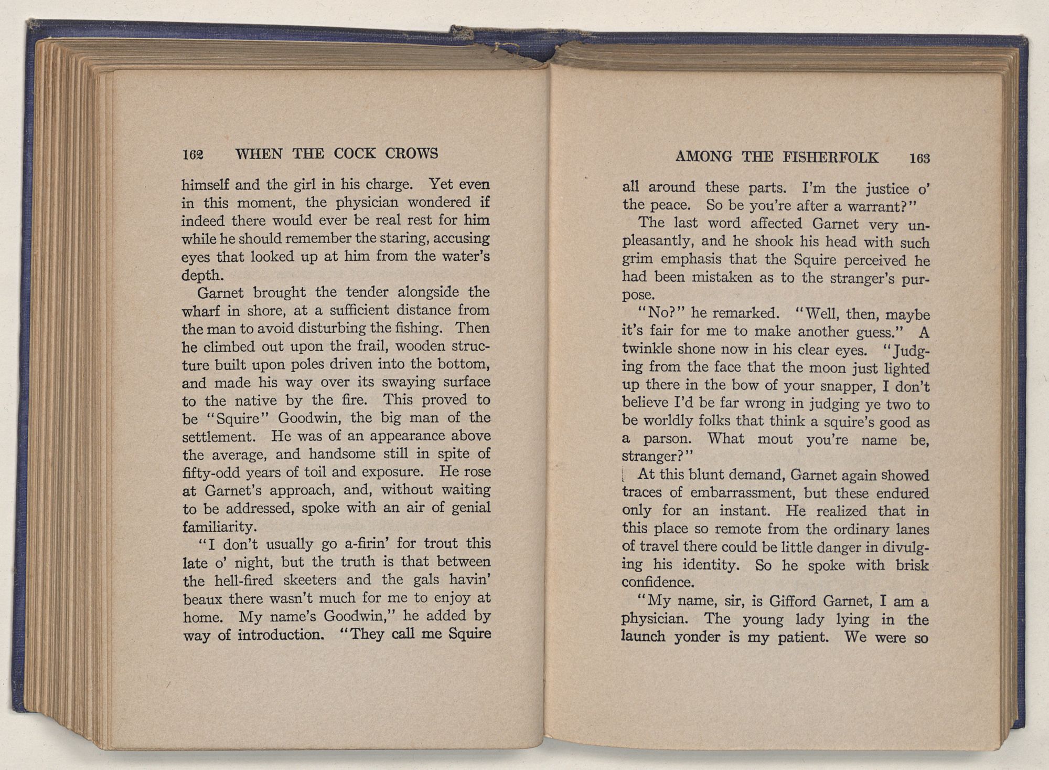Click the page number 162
(x=192, y=155)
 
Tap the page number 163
(x=919, y=157)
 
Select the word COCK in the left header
(x=355, y=153)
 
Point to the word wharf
(x=200, y=311)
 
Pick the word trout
(x=437, y=543)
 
